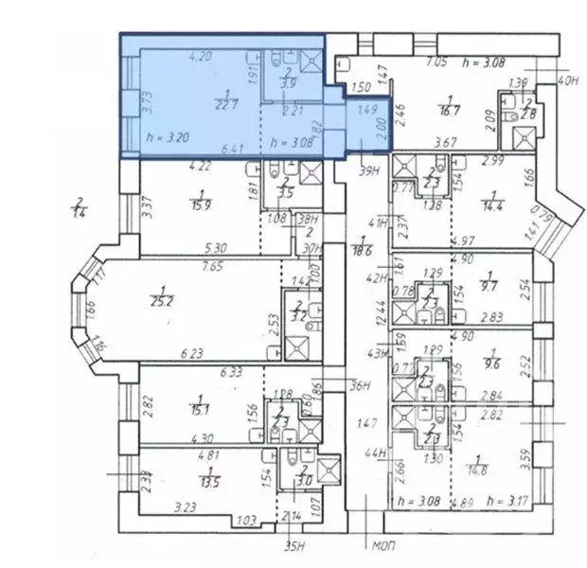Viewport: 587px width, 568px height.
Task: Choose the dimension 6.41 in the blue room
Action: pos(230,149)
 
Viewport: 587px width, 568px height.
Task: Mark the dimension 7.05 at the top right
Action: pos(436,62)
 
